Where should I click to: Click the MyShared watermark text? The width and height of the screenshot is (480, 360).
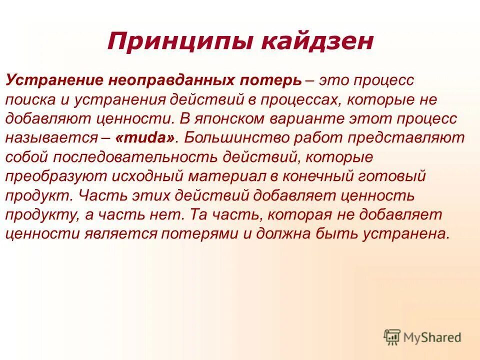pyautogui.click(x=433, y=337)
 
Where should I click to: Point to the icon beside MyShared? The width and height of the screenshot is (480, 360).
pyautogui.click(x=392, y=337)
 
